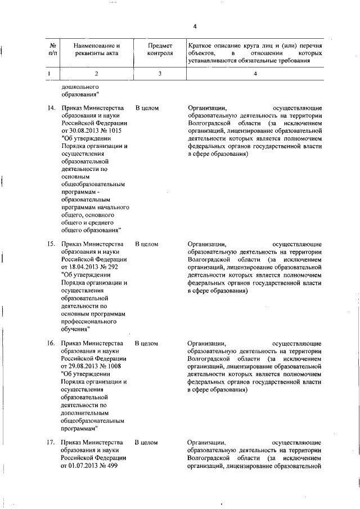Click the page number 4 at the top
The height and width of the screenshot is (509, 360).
pyautogui.click(x=195, y=26)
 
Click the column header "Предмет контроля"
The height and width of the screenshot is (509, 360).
pyautogui.click(x=160, y=49)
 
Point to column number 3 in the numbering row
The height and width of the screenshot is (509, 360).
pyautogui.click(x=160, y=73)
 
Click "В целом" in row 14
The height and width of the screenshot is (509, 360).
pyautogui.click(x=147, y=106)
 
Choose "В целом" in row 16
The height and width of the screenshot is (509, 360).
pyautogui.click(x=147, y=343)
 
